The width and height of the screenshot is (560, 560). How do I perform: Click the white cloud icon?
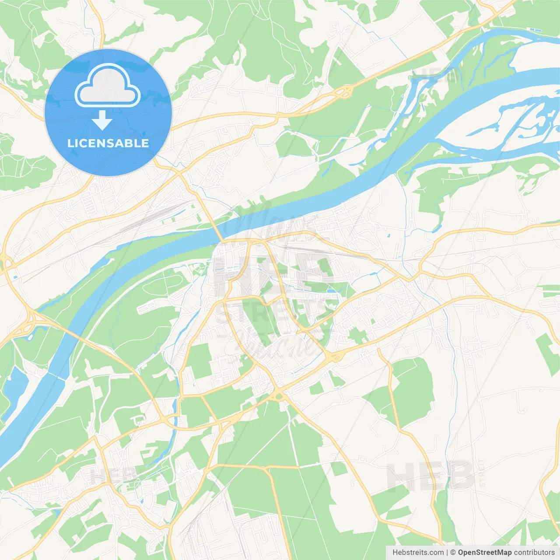coord(108,86)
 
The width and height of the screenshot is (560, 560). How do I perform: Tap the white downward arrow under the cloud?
coord(102,120)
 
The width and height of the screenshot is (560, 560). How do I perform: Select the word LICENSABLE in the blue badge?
coord(108,143)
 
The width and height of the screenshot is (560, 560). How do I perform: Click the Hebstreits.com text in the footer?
coord(418,553)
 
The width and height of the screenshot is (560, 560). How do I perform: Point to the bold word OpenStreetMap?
coord(484,553)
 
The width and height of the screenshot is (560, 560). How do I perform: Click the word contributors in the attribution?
coord(534,553)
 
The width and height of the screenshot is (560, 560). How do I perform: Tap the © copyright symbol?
coord(453,553)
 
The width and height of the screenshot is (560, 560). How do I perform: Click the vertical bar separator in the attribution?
coord(447,553)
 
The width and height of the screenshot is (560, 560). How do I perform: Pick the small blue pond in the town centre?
coord(331,290)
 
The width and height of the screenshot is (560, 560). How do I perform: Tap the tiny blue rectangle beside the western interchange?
coord(16,277)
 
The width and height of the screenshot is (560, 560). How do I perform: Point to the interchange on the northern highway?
coord(344,92)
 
